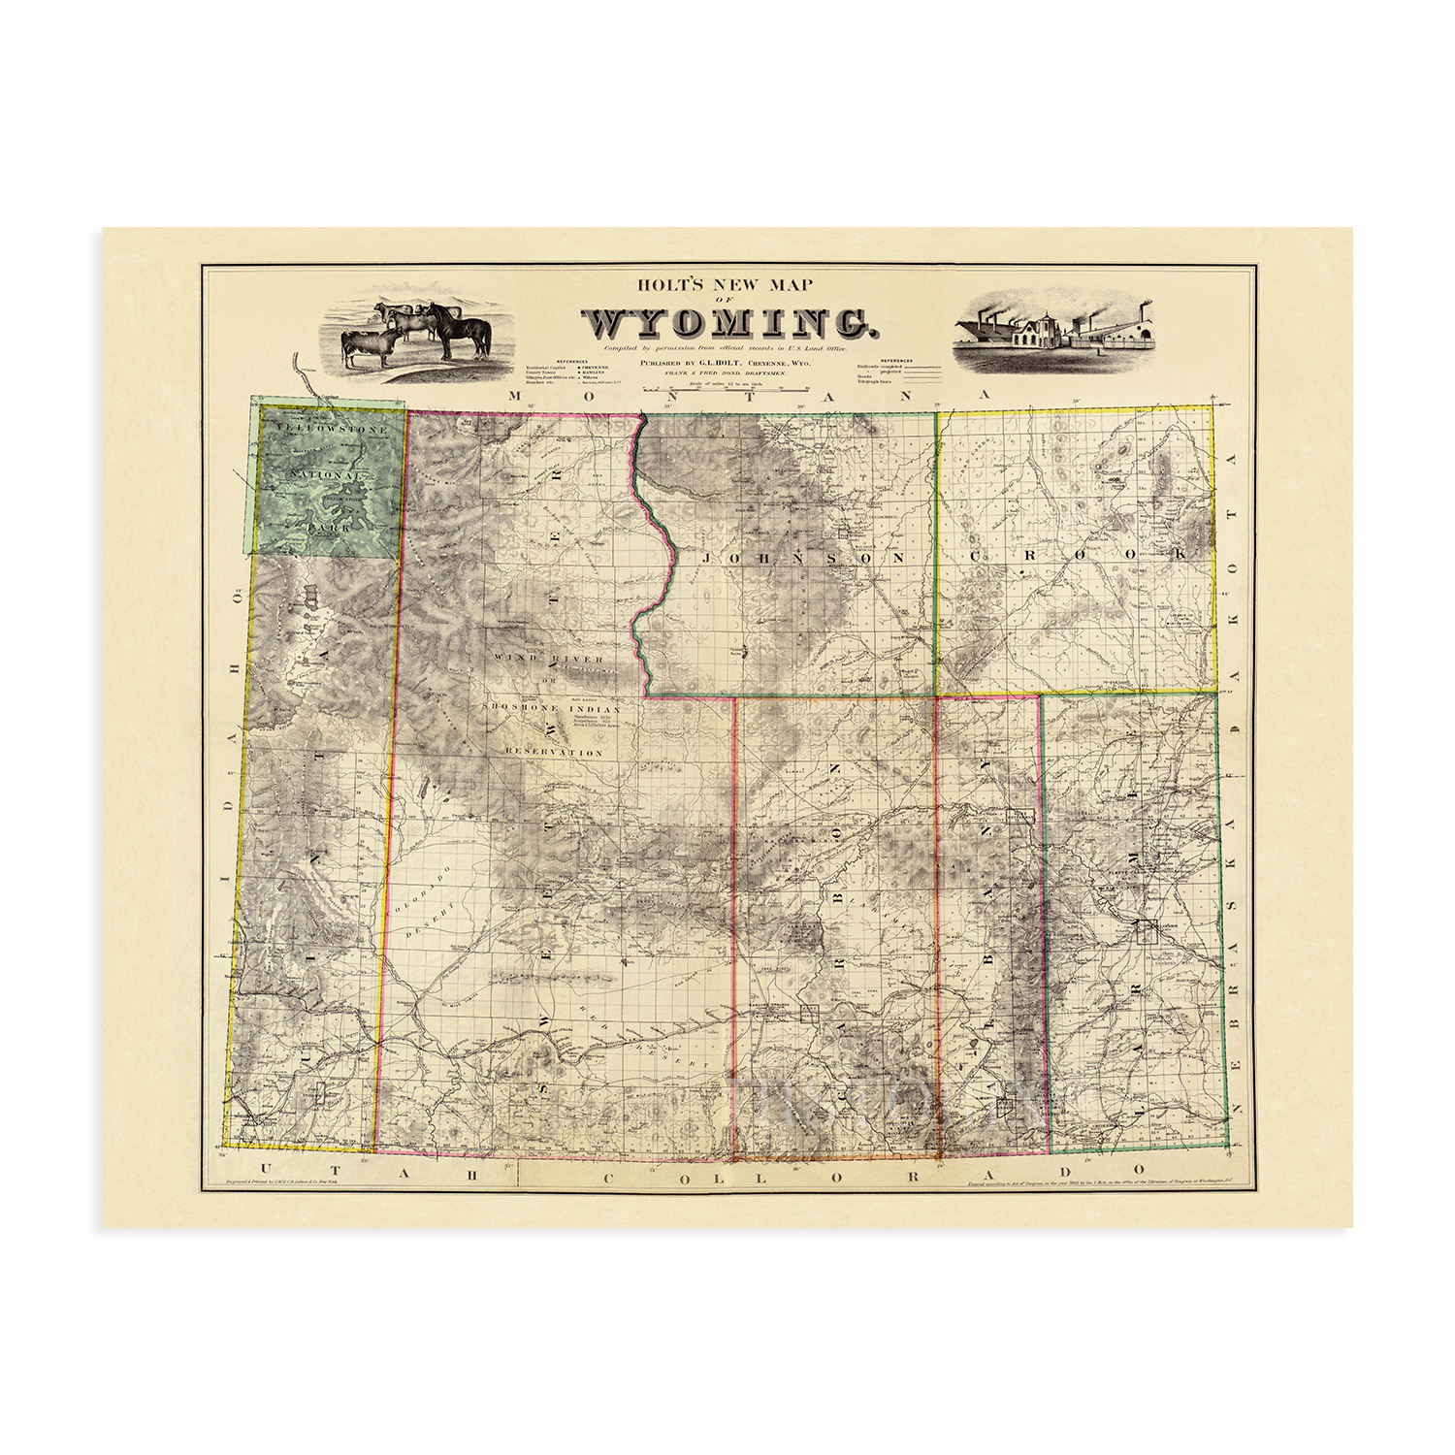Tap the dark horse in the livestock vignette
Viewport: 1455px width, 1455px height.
[x=458, y=330]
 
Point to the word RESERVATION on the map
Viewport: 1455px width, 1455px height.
[x=554, y=752]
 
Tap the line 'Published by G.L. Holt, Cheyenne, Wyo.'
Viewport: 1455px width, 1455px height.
[x=724, y=361]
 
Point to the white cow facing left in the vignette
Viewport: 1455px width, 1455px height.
[x=369, y=344]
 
